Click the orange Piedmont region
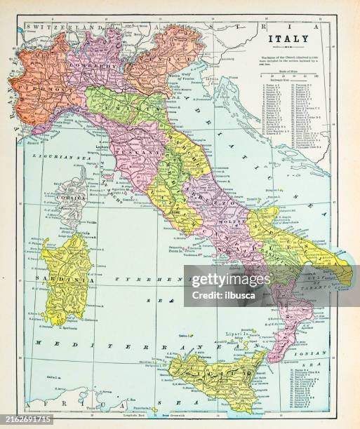(39, 77)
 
